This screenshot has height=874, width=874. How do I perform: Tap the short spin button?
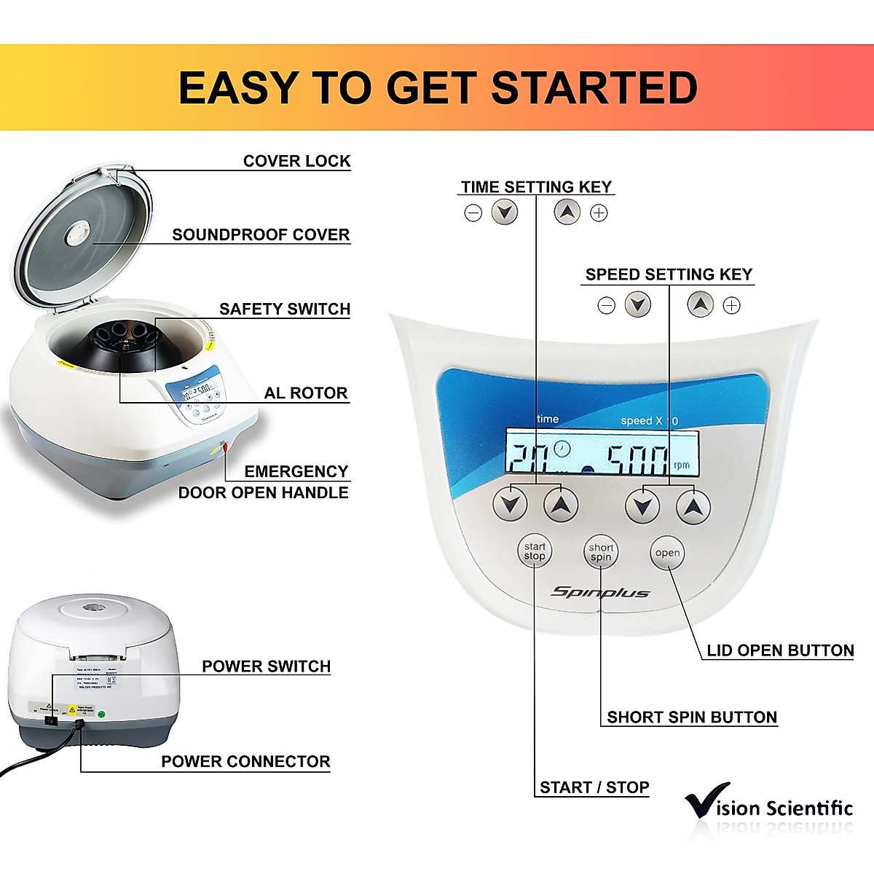(x=601, y=553)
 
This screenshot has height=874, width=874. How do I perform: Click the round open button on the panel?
(x=667, y=553)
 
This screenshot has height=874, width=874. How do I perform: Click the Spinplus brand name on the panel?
(x=599, y=592)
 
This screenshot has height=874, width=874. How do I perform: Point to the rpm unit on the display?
(x=682, y=465)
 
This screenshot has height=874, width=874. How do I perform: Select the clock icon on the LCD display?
(x=561, y=449)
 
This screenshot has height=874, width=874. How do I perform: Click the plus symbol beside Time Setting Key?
(x=599, y=213)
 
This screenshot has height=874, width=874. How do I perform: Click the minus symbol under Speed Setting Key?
(x=606, y=305)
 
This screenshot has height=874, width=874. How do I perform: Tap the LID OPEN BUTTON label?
(x=780, y=650)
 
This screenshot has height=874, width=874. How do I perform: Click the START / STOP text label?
(x=594, y=787)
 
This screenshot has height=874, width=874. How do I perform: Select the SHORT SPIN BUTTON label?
(x=692, y=717)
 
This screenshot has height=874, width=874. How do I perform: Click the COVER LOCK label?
(x=296, y=161)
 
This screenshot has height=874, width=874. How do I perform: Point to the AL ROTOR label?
(x=306, y=393)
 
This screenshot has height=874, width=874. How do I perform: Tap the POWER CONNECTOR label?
(x=245, y=762)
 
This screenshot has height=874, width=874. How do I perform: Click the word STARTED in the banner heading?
(x=594, y=88)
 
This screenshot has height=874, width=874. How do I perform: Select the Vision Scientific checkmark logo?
(x=706, y=801)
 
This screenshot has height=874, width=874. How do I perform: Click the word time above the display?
(x=548, y=419)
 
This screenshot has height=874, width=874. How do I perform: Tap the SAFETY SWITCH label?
(x=285, y=309)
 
